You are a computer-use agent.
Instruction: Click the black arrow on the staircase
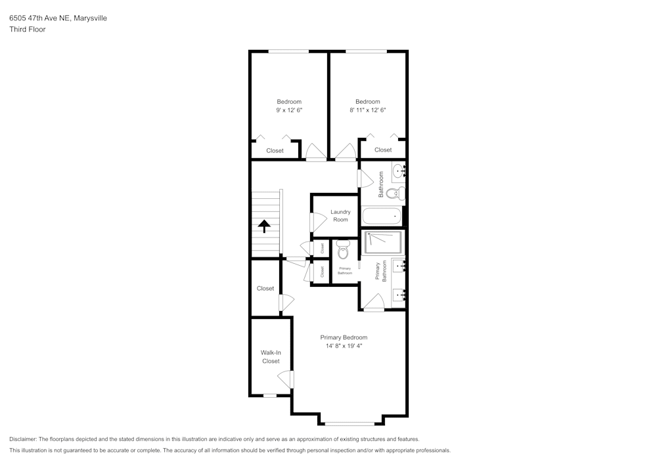264,226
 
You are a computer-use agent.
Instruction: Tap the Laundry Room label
340,216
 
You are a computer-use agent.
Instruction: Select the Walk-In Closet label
271,357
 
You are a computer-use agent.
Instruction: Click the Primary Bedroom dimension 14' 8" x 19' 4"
344,346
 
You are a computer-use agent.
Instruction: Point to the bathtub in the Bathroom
382,216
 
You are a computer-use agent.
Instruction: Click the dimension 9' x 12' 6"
289,110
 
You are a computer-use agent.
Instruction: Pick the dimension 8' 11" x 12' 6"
368,110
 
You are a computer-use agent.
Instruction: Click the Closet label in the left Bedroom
275,151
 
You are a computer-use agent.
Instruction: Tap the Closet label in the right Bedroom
383,150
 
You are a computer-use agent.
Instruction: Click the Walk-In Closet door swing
285,379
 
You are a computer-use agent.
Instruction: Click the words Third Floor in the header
27,30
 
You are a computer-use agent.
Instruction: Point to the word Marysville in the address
89,18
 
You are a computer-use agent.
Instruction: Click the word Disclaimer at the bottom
23,439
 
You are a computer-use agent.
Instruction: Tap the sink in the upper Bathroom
399,173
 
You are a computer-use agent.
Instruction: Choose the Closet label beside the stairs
265,289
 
